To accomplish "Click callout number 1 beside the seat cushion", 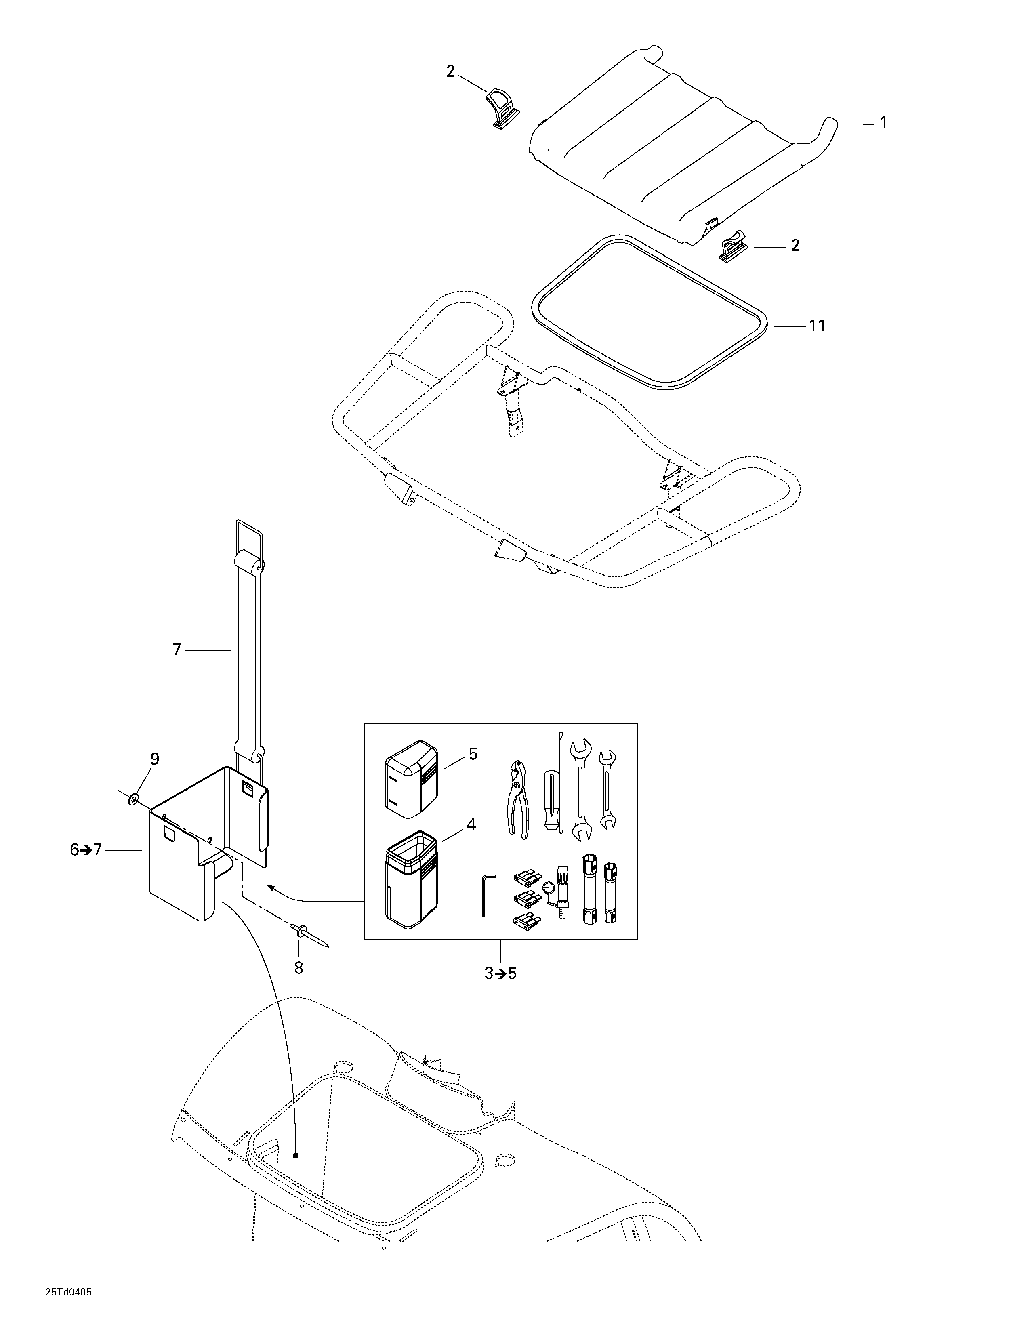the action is click(882, 123).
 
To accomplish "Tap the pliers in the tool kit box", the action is click(517, 798).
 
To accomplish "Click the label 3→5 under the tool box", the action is click(500, 973).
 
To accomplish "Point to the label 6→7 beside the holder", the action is click(86, 849).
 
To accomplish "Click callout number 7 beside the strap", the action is click(177, 651).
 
